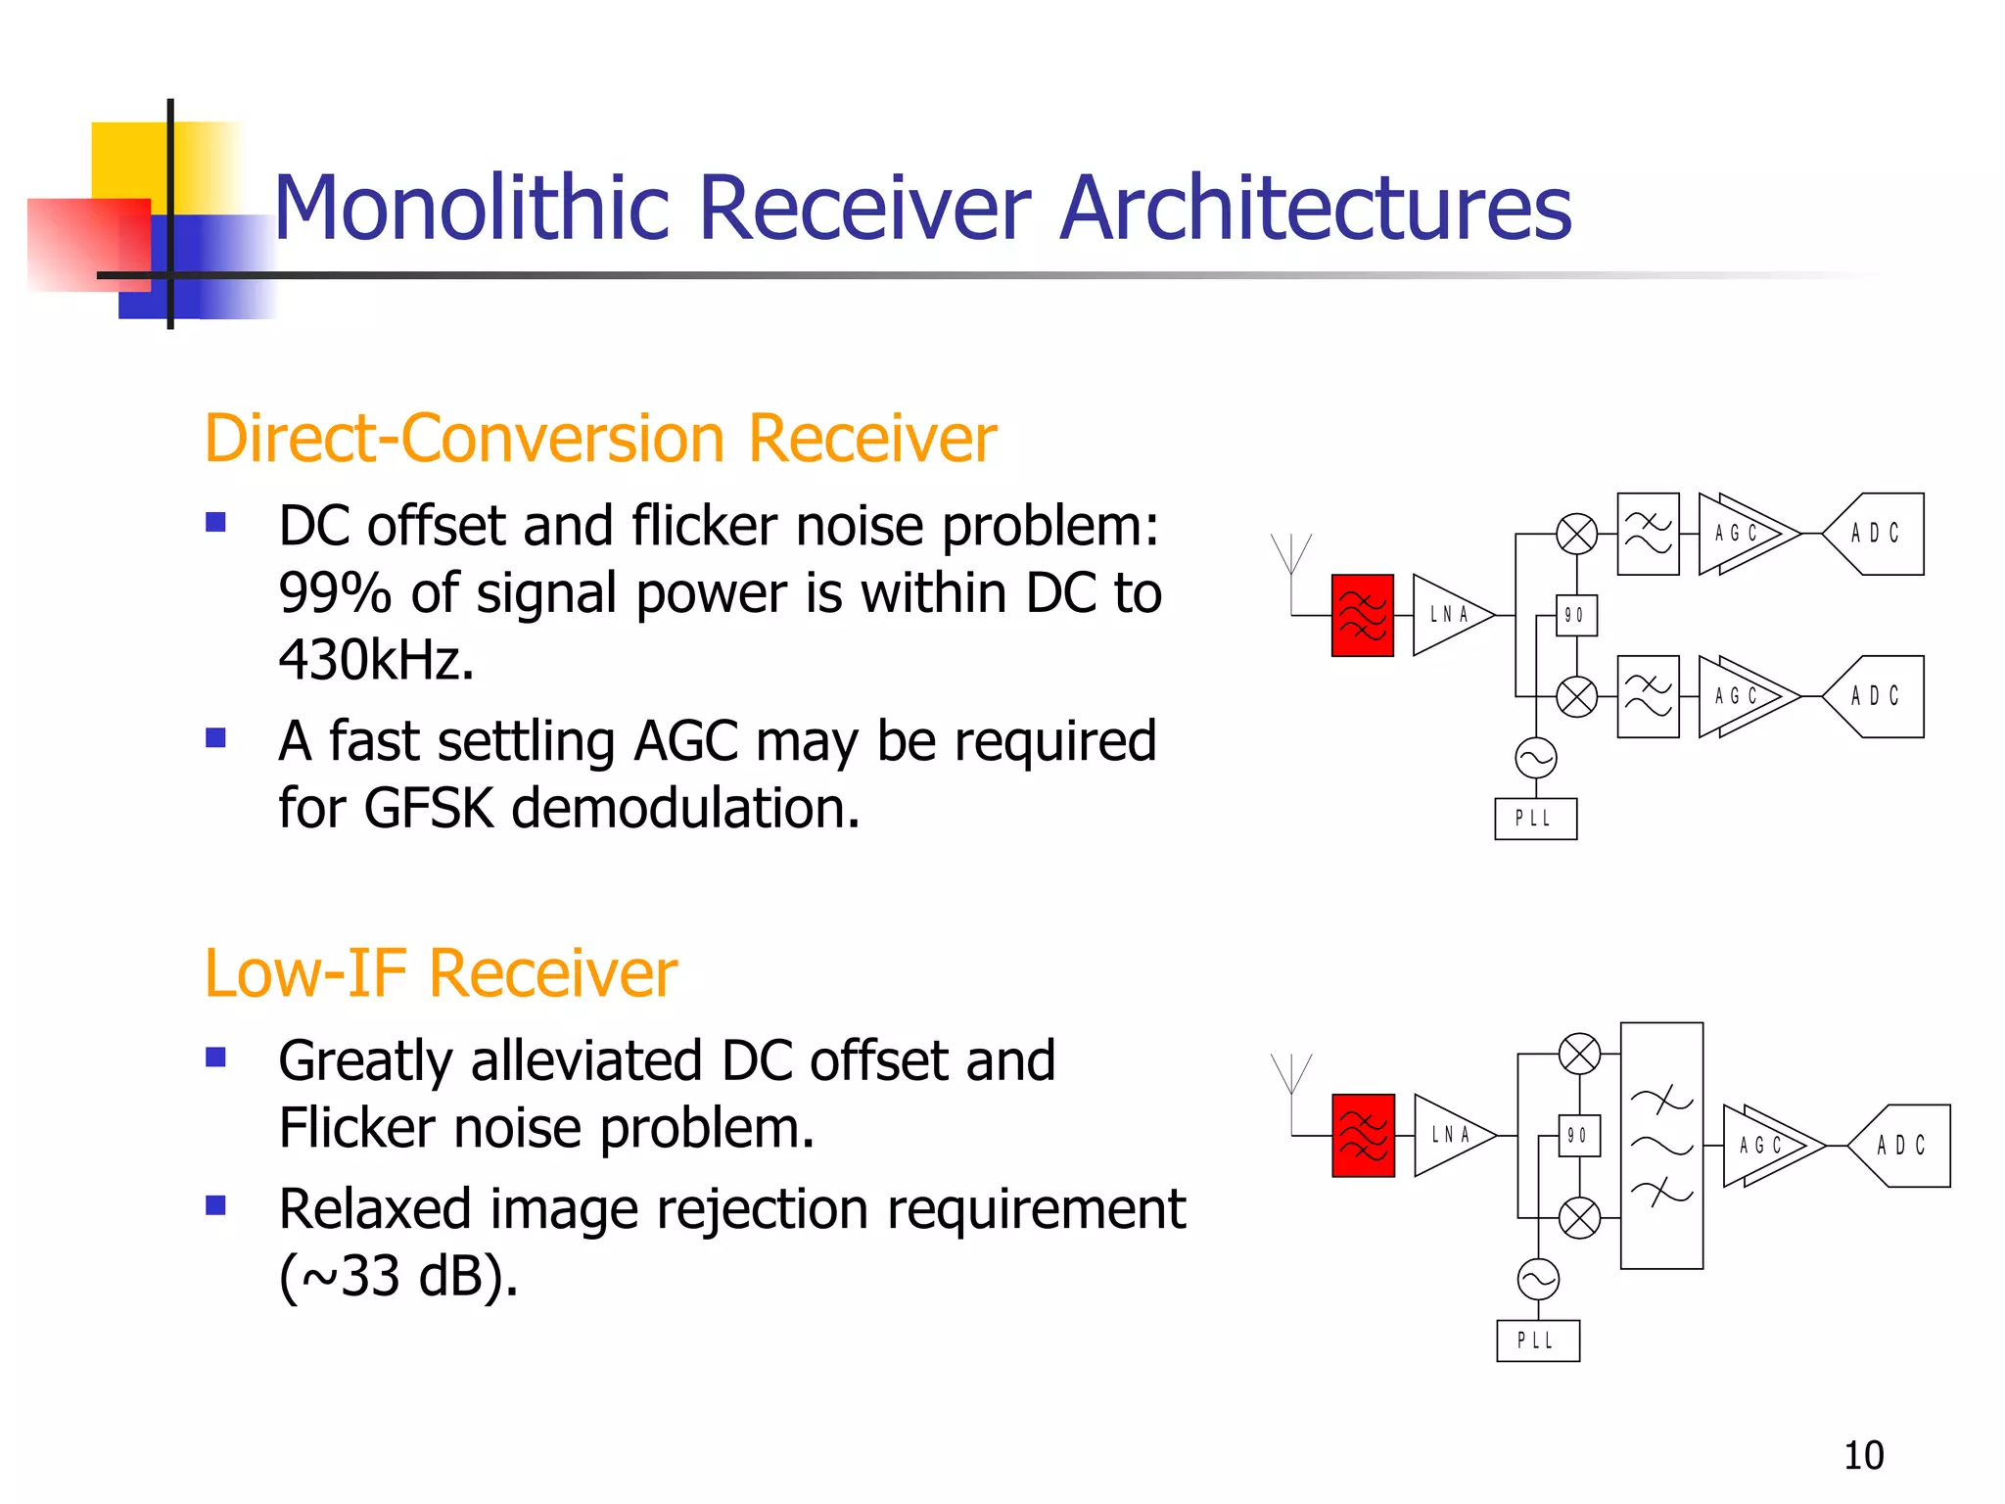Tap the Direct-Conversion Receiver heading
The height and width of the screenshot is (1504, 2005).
(x=599, y=438)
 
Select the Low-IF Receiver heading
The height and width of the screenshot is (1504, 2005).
(x=441, y=973)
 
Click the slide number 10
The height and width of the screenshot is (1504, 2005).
(x=1863, y=1455)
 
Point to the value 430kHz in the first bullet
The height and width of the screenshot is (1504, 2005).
(x=376, y=660)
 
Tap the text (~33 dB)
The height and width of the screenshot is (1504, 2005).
(x=398, y=1277)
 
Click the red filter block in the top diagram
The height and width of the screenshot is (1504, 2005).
(x=1362, y=615)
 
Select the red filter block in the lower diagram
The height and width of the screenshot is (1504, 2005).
(x=1363, y=1135)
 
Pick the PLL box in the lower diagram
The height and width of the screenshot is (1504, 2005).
(x=1537, y=1340)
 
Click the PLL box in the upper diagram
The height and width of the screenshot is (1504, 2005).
(x=1535, y=819)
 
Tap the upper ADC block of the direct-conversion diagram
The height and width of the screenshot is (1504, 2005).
(x=1875, y=534)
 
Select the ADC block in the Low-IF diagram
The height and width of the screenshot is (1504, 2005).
(x=1901, y=1146)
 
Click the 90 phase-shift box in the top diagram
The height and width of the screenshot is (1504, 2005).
(x=1575, y=615)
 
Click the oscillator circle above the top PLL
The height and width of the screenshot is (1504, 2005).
(x=1535, y=758)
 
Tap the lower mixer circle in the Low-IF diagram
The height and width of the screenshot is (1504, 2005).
(x=1578, y=1218)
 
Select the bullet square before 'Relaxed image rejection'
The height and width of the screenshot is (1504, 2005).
(x=215, y=1205)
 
